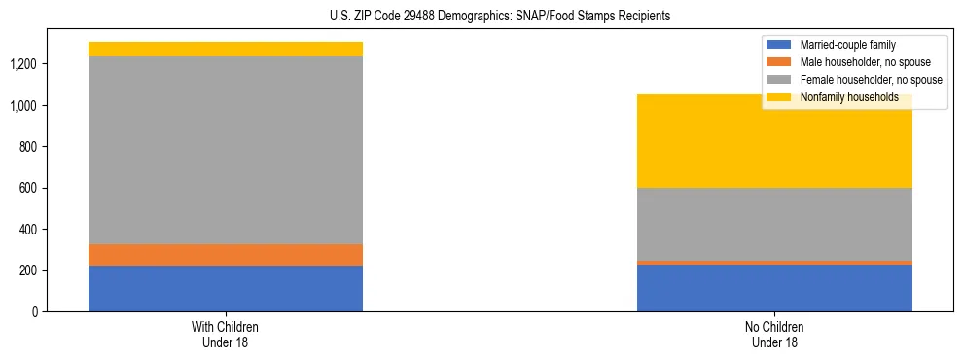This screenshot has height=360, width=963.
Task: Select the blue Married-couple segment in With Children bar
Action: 226,288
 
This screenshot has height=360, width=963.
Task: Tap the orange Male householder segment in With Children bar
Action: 226,255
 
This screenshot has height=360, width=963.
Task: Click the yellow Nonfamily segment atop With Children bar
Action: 226,49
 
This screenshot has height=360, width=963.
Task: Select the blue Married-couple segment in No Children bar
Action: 774,288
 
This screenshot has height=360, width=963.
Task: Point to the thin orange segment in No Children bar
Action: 774,263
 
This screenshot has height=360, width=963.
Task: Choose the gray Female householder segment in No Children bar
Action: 774,224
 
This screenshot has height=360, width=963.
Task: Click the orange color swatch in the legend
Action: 779,62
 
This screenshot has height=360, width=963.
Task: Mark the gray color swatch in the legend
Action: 779,80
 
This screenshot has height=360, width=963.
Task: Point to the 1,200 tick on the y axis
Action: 24,64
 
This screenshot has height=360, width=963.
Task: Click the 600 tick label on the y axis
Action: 30,188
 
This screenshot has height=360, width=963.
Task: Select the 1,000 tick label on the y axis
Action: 24,105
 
